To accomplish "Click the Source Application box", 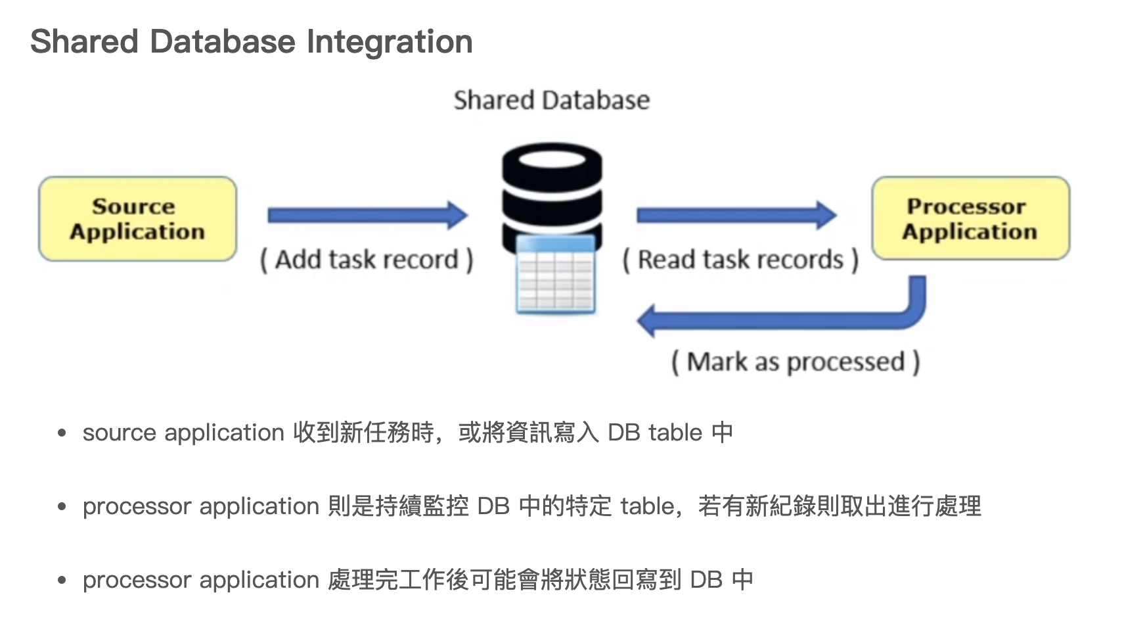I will click(137, 219).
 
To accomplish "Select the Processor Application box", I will click(970, 219).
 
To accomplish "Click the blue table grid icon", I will click(556, 275).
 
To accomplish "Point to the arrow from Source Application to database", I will click(367, 215).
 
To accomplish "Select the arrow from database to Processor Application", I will click(736, 215).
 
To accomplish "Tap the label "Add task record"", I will click(367, 260).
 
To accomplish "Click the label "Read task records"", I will click(740, 260).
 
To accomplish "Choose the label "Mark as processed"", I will click(796, 362).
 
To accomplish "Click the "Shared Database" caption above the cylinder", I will click(552, 101).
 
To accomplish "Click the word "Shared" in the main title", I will click(85, 41).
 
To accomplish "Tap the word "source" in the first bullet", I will click(120, 433).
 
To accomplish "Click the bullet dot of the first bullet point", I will click(62, 433).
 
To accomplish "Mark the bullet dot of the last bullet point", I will click(62, 580).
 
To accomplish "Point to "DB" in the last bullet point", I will click(706, 580).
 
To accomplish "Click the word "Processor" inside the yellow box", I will click(966, 206).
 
